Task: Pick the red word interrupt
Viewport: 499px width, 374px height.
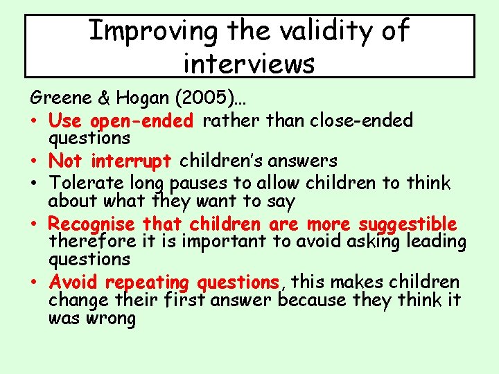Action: click(130, 161)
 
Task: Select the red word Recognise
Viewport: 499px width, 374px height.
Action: click(91, 224)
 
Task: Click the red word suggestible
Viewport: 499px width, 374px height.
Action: click(408, 224)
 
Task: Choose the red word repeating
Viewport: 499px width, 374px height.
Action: click(148, 283)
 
